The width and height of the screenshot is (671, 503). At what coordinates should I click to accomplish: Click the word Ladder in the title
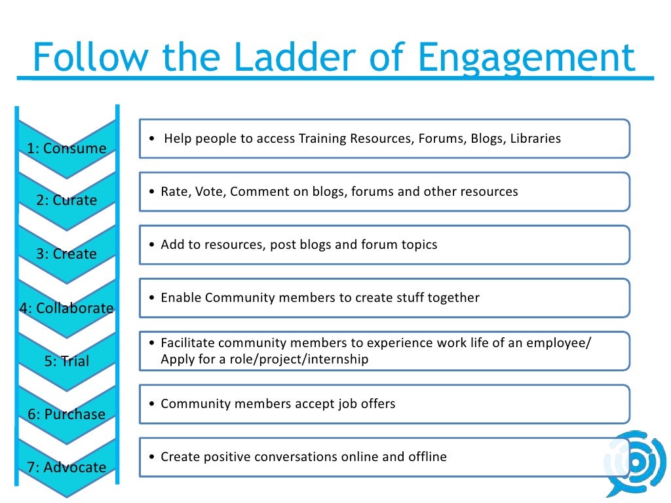pos(272,58)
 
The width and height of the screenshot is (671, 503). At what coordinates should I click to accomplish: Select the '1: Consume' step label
pos(66,148)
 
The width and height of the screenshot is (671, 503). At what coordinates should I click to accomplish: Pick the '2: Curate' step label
pos(66,200)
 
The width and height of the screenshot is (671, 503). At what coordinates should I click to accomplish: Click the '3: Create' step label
pos(66,253)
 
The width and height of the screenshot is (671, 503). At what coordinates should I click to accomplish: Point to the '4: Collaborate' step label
pos(66,308)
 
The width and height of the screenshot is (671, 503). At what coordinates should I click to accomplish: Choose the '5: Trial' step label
pos(66,361)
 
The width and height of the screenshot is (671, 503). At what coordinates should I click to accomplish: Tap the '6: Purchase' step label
pos(66,414)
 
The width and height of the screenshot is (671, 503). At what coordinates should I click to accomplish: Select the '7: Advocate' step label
pos(66,467)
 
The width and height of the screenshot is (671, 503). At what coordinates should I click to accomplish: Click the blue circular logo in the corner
pos(636,462)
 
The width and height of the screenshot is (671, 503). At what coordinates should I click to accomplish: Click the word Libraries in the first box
pos(535,139)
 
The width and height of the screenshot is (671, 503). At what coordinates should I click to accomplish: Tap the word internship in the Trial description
pos(335,359)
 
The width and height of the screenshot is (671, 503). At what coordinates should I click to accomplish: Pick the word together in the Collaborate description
pos(453,297)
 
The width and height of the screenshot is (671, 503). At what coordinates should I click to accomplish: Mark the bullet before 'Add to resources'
pos(152,245)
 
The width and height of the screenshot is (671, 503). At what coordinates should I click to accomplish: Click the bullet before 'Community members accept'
pos(152,404)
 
